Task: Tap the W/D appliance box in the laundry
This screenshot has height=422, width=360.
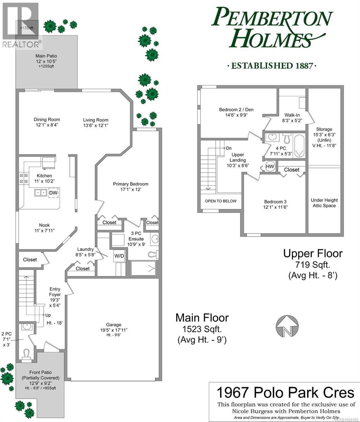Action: (x=119, y=256)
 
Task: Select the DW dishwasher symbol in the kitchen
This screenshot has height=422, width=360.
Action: (x=53, y=193)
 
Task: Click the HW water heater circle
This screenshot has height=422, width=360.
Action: (x=270, y=166)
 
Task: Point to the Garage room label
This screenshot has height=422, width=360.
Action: (x=114, y=325)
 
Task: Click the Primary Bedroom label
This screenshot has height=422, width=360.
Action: (x=131, y=184)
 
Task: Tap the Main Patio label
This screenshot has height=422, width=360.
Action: (x=46, y=56)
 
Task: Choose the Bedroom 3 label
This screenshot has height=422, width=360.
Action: (x=275, y=202)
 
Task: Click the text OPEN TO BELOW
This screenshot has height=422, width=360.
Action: (x=221, y=201)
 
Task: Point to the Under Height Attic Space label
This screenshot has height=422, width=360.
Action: (x=324, y=203)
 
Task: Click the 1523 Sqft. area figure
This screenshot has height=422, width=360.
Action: (x=202, y=329)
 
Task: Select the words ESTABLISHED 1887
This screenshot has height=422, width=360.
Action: (x=271, y=66)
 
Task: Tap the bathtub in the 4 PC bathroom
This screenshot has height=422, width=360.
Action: (x=299, y=146)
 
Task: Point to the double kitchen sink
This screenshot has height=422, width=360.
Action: (x=41, y=193)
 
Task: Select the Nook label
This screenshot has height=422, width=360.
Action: (x=44, y=225)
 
